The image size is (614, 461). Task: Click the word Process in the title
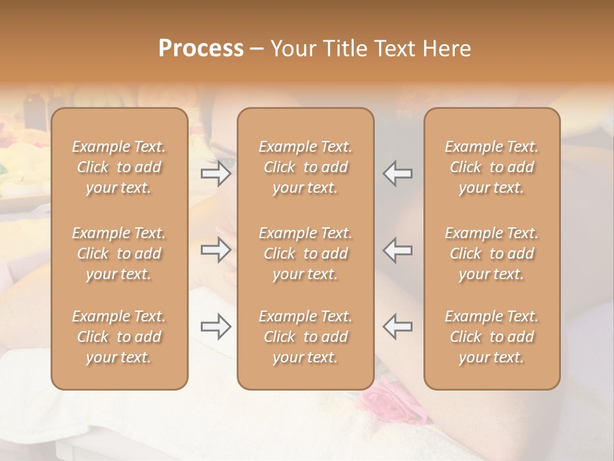click(201, 49)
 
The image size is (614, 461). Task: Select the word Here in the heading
click(446, 49)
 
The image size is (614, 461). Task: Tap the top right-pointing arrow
click(216, 174)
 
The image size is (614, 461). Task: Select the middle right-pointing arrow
click(216, 250)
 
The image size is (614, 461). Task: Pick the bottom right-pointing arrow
click(216, 327)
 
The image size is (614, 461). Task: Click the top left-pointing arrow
click(398, 174)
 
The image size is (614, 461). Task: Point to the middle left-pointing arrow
click(398, 250)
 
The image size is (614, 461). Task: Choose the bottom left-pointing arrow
click(398, 327)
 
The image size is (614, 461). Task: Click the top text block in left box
click(119, 167)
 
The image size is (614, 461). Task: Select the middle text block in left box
click(119, 254)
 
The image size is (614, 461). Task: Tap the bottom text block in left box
click(119, 337)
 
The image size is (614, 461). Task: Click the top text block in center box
click(306, 167)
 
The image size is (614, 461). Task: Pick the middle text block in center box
click(306, 254)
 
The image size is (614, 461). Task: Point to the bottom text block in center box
click(306, 337)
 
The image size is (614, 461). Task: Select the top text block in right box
click(492, 167)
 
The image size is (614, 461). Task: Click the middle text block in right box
click(492, 254)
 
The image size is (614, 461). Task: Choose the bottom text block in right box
click(492, 337)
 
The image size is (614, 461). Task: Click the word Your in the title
click(292, 49)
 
